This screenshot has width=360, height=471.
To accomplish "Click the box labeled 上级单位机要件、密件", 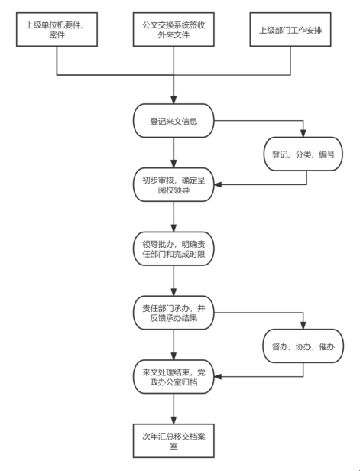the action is tap(57, 29).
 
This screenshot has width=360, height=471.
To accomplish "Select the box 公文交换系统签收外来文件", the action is tap(174, 29).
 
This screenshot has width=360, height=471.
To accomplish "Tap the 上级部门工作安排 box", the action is tap(290, 29).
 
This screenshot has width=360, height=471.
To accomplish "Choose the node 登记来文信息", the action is tap(174, 121).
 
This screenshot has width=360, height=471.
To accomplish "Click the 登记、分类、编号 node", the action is tap(303, 154).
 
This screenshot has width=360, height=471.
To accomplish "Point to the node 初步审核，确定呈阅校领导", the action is tap(174, 185).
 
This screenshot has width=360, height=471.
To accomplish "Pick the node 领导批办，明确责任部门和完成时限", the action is tap(174, 248).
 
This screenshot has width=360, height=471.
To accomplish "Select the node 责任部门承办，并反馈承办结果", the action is tap(174, 313).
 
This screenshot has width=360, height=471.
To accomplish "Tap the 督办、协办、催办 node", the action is tap(303, 346).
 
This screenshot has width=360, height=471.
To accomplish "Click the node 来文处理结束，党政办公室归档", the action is tap(174, 377).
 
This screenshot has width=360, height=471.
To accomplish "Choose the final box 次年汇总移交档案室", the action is tap(174, 440).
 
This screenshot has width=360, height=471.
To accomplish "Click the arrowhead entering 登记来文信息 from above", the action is tap(174, 100).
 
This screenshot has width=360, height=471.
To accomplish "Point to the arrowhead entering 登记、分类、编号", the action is tap(303, 133).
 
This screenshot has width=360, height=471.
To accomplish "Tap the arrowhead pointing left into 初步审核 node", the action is tap(218, 184).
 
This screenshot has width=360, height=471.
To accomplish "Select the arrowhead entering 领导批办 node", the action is tap(174, 228).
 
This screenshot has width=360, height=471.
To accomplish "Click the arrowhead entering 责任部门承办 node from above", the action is tap(174, 292).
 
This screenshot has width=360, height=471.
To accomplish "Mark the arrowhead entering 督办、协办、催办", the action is tap(303, 326).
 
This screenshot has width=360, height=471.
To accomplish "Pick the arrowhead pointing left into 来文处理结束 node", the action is tap(218, 377).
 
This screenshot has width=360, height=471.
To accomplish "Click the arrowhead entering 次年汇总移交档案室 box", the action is tap(174, 420).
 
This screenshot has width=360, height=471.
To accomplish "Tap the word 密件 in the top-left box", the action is tap(57, 35).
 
